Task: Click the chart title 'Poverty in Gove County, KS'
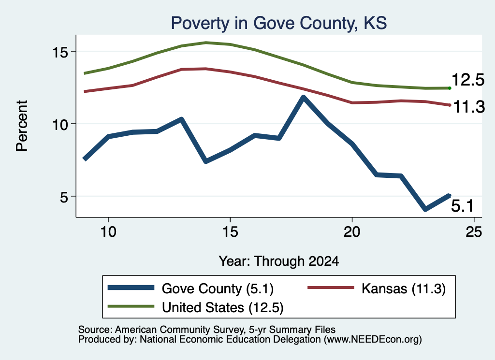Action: [x=279, y=23]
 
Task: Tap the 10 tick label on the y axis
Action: [x=60, y=124]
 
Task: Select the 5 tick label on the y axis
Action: [x=64, y=197]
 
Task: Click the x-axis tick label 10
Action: [x=108, y=232]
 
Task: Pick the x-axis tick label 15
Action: [x=230, y=232]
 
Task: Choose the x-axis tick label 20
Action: [x=352, y=232]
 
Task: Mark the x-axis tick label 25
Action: [x=474, y=232]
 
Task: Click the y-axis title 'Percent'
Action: [x=22, y=126]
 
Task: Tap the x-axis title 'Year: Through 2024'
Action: [x=279, y=261]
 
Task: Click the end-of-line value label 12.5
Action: [x=468, y=80]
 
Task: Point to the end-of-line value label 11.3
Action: [x=469, y=107]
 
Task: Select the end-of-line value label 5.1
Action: [x=463, y=206]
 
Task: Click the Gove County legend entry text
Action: [x=218, y=288]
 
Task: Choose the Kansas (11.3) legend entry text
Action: [x=404, y=288]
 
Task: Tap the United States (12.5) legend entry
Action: [x=222, y=308]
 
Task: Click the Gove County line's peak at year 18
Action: [x=304, y=97]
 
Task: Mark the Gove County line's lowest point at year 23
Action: [x=425, y=209]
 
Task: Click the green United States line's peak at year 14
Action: [x=206, y=42]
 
